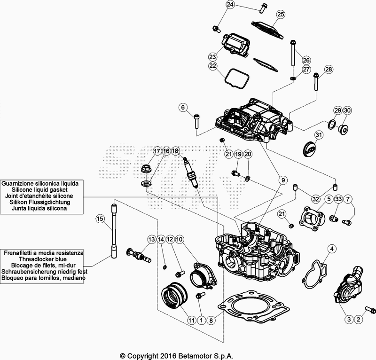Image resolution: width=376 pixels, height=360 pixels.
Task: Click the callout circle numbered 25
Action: (x=280, y=14)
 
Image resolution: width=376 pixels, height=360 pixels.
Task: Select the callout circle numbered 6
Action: (x=182, y=108)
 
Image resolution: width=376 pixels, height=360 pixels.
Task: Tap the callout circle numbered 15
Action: (x=100, y=218)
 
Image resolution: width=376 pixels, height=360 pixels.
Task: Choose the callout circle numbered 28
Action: (x=328, y=70)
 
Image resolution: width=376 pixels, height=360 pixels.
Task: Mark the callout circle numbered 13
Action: (x=151, y=239)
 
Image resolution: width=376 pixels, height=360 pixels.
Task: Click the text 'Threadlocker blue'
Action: (x=43, y=259)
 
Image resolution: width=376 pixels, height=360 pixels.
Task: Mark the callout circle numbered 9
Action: (x=282, y=180)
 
